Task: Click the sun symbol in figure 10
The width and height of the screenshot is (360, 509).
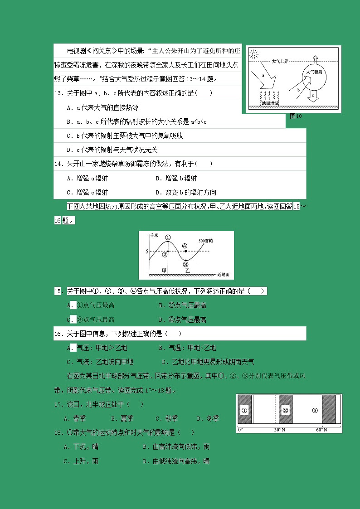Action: tap(254, 55)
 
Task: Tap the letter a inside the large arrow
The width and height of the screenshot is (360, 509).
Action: tap(263, 75)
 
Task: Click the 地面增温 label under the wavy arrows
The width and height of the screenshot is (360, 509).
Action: tap(271, 103)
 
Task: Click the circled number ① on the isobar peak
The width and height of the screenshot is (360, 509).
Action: tap(168, 237)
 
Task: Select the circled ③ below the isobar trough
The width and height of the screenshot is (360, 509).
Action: tap(185, 264)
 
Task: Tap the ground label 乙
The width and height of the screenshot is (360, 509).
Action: tap(187, 271)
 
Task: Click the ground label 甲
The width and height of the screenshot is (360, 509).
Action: tap(165, 271)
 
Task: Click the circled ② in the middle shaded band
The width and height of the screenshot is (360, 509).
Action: tap(285, 411)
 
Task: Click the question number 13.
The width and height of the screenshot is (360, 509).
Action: tap(58, 93)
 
